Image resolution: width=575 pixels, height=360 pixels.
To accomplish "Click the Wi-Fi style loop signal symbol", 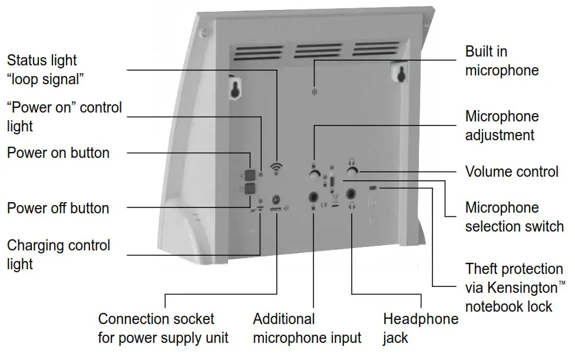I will pyautogui.click(x=276, y=168).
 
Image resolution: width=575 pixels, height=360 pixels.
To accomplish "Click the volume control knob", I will pyautogui.click(x=352, y=171).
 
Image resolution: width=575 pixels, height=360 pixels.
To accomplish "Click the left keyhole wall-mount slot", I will pyautogui.click(x=235, y=88).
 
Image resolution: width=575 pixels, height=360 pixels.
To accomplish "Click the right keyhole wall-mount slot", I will pyautogui.click(x=399, y=73).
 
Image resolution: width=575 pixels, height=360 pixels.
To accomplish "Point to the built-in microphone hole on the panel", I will pyautogui.click(x=314, y=92).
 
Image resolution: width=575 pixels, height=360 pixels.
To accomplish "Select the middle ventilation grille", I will pyautogui.click(x=318, y=51).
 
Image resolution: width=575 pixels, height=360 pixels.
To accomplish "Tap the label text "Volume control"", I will pyautogui.click(x=511, y=171).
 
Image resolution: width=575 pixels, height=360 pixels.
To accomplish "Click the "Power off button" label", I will pyautogui.click(x=58, y=208).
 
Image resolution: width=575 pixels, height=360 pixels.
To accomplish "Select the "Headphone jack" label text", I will pyautogui.click(x=420, y=328).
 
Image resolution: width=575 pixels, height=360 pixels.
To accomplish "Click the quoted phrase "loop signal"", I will pyautogui.click(x=45, y=79).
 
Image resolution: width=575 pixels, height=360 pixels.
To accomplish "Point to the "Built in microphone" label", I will pyautogui.click(x=501, y=61).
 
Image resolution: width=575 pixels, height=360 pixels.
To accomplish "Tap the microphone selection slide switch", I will pyautogui.click(x=333, y=183).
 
